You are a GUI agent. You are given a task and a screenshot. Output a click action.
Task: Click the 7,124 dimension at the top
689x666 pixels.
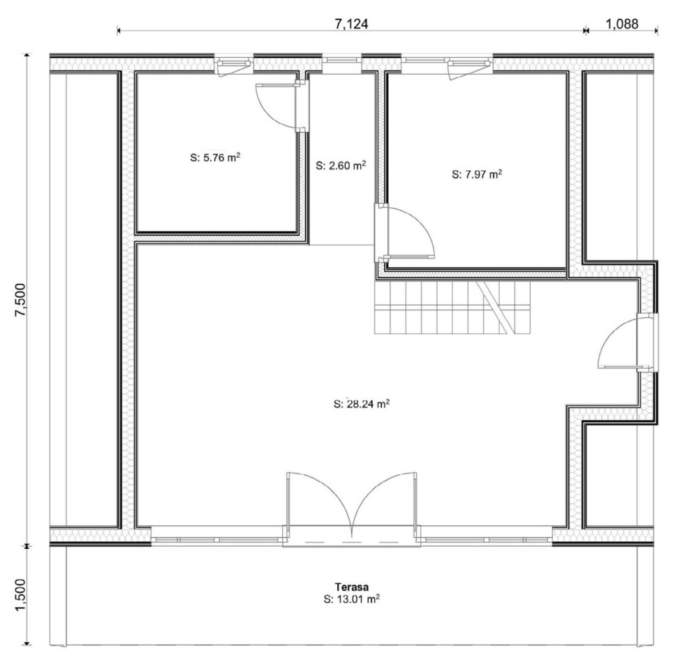[x=351, y=24]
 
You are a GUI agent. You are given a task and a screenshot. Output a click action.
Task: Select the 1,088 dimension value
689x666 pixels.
[x=622, y=24]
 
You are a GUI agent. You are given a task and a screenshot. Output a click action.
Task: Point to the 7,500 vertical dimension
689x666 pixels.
[x=21, y=300]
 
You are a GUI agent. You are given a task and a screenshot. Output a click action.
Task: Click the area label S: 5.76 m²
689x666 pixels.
[x=215, y=157]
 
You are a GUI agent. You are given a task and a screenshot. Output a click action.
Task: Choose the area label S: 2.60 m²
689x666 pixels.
[x=341, y=165]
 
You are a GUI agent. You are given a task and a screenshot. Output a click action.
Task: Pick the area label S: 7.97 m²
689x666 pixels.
[x=477, y=174]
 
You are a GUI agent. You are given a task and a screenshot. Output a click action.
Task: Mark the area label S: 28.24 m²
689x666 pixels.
[x=362, y=404]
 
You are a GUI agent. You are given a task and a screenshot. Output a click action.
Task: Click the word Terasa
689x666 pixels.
[x=352, y=587]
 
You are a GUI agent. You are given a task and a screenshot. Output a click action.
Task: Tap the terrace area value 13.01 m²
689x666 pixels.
[x=357, y=599]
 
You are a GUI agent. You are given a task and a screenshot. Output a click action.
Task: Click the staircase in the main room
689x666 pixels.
[x=452, y=308]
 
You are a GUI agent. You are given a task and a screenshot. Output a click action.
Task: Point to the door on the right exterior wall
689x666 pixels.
[x=628, y=343]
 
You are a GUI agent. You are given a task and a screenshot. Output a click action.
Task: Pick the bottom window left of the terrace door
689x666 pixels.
[x=217, y=540]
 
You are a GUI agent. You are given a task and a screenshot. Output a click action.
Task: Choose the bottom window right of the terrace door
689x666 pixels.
[x=486, y=540]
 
